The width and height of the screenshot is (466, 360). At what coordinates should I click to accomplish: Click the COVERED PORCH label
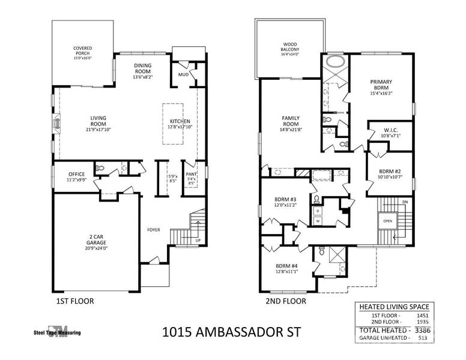click(x=83, y=51)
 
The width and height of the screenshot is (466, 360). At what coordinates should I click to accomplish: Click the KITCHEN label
click(x=180, y=121)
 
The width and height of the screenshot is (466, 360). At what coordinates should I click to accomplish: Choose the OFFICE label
click(x=76, y=174)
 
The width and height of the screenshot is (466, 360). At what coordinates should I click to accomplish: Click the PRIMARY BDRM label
click(x=381, y=85)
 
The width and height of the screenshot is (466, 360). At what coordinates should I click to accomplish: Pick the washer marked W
click(x=317, y=221)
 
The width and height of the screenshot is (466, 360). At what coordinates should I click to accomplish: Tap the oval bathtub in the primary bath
click(x=333, y=61)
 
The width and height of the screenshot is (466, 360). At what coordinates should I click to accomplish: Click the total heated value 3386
click(x=429, y=329)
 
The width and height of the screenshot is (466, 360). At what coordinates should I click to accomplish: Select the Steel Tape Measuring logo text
click(x=57, y=332)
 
